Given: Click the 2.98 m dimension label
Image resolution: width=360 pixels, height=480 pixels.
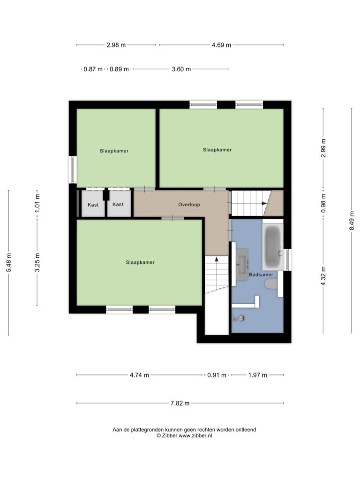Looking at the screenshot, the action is point(116,45).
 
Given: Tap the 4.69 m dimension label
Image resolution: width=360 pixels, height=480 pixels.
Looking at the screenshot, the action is point(221,45).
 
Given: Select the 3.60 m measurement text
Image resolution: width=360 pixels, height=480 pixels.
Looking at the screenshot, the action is point(181,69).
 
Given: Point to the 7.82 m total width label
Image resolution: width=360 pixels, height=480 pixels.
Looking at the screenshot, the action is point(180,403).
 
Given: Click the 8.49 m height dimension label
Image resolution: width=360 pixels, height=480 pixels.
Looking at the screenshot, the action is point(352,221).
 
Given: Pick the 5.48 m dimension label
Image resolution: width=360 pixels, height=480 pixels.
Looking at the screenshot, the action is point(9,262).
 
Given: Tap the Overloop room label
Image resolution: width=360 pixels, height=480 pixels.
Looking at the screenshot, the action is point(189,204).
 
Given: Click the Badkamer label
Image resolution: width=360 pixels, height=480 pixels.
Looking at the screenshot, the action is point(261,275).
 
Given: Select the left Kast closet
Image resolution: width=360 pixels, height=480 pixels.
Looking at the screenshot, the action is point(93,204).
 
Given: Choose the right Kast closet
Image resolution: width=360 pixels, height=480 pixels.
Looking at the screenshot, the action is point(119,204).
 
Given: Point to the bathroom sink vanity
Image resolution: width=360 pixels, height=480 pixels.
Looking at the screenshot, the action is point(242,264).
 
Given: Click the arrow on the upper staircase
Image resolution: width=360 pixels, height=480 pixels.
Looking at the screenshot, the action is point(264,203).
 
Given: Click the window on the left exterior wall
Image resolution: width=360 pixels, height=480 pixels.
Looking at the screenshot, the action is point(73,170).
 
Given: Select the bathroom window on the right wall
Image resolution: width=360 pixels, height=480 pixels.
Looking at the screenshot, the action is point(287,260).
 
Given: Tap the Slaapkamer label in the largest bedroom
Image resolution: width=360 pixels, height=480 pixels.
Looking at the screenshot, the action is point(140,262).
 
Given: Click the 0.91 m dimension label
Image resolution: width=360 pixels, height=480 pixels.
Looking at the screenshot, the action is point(217,375).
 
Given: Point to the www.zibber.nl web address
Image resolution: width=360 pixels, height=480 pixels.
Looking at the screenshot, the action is point(195,435).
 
